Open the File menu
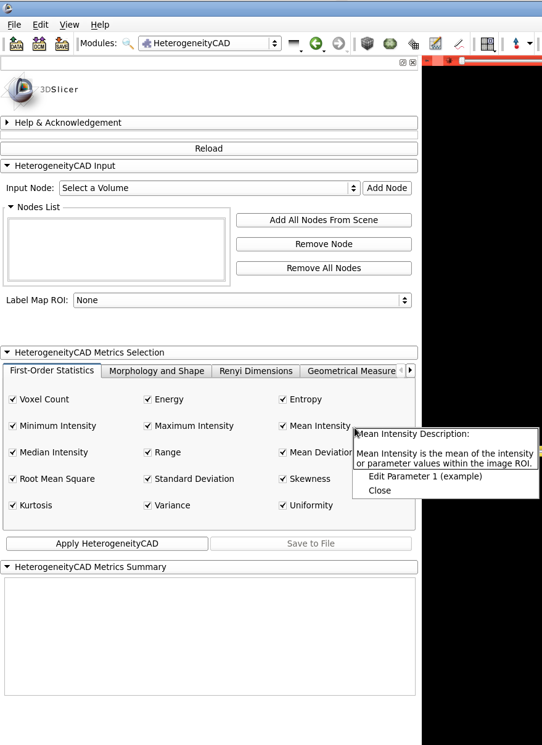pos(14,25)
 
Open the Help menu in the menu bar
pos(100,25)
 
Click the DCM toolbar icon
pos(39,44)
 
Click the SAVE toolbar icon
pos(62,44)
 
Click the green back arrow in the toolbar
pos(316,43)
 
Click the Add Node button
pos(387,188)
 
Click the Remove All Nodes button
pos(324,268)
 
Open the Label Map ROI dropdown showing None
pos(242,300)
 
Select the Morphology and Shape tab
pos(157,371)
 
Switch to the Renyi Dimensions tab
pos(256,371)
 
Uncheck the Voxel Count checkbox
pos(13,399)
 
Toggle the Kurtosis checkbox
pos(13,505)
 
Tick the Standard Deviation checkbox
pos(148,479)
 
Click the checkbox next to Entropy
pos(283,399)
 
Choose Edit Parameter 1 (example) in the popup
pos(425,476)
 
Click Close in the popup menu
pos(380,491)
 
